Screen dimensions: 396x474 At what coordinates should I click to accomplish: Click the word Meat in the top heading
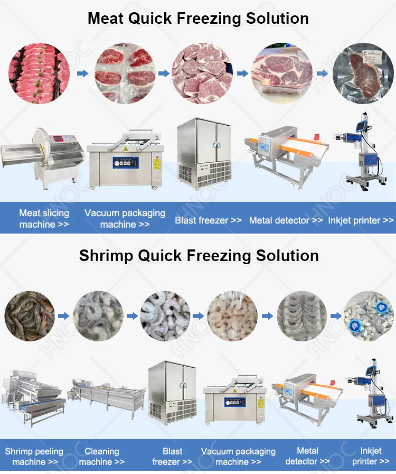point(106,18)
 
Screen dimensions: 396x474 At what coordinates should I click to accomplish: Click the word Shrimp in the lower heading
point(106,256)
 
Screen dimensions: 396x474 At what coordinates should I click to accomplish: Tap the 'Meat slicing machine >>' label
point(44,219)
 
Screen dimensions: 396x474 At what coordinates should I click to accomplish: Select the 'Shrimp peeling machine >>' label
point(34,457)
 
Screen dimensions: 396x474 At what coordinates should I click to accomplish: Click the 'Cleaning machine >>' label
point(102,457)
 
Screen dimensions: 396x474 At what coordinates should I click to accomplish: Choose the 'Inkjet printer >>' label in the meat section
point(361,220)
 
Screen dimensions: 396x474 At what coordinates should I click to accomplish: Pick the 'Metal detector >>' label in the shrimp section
point(307,456)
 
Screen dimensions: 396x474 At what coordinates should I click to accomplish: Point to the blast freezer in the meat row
point(204,154)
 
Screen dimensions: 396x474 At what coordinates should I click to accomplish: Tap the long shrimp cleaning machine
point(108,397)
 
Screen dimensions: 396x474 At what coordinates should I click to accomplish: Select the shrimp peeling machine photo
point(33,397)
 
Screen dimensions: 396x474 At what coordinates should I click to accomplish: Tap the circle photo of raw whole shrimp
point(30,316)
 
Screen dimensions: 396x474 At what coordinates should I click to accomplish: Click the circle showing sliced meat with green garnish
point(39,73)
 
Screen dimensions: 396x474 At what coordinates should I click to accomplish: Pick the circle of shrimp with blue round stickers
point(369,316)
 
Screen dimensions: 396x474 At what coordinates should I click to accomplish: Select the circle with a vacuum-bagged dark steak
point(363,73)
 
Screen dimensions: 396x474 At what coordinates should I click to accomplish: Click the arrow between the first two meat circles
point(82,73)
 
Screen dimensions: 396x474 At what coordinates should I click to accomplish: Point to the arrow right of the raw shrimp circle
point(63,316)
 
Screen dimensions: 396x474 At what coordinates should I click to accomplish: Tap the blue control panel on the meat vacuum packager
point(126,163)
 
